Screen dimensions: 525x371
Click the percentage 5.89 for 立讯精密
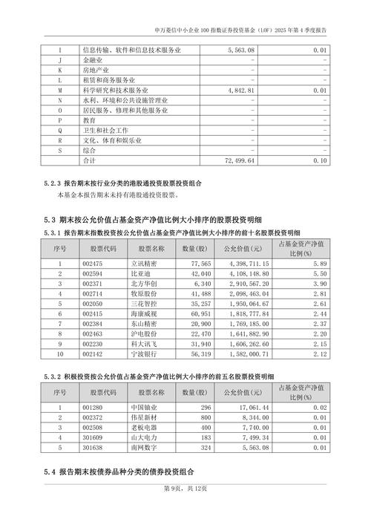pyautogui.click(x=320, y=263)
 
